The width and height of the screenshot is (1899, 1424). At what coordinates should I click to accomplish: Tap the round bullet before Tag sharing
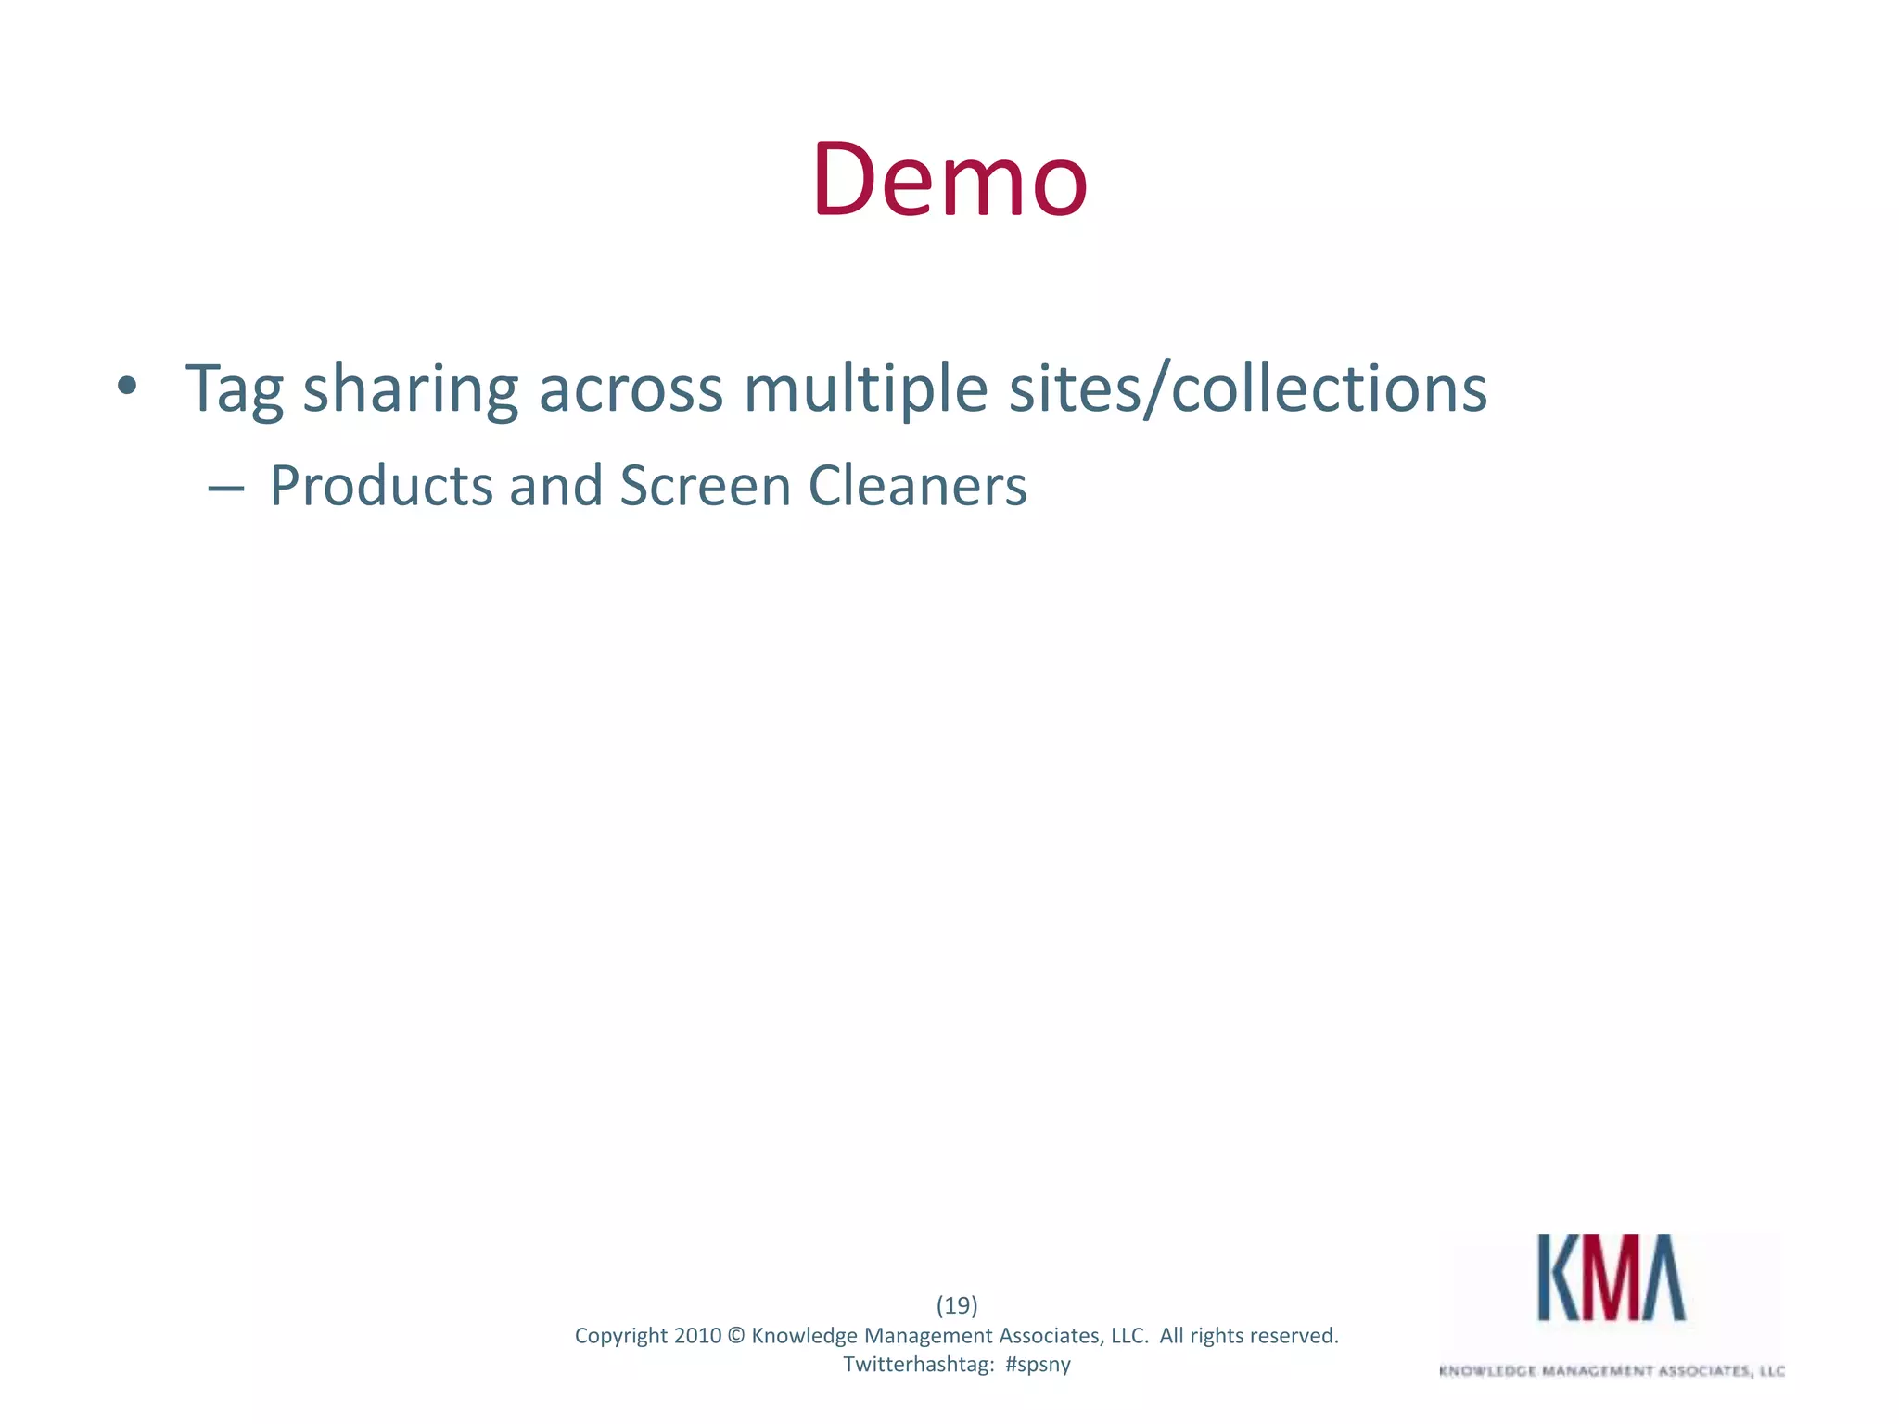(127, 386)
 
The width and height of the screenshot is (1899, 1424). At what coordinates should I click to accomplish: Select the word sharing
(410, 389)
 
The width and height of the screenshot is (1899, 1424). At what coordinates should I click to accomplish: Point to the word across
(631, 389)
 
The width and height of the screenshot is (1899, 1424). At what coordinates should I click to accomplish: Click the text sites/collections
(1248, 389)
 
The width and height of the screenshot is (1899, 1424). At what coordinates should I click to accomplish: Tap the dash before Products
(226, 487)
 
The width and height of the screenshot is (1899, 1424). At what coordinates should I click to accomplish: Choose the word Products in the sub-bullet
(380, 486)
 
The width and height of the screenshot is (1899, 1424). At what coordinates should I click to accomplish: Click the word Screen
(705, 486)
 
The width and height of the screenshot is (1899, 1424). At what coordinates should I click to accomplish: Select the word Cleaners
(917, 486)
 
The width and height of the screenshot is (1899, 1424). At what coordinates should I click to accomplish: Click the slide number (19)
(956, 1305)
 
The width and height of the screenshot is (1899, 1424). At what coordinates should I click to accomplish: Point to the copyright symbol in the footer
(736, 1336)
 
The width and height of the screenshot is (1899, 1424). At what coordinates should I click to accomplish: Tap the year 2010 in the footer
(697, 1336)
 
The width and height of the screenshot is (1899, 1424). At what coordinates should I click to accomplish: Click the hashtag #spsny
(1038, 1365)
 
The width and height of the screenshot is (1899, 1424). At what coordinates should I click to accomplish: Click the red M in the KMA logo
(1612, 1278)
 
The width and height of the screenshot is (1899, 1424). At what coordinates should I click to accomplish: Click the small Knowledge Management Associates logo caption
(1612, 1371)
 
